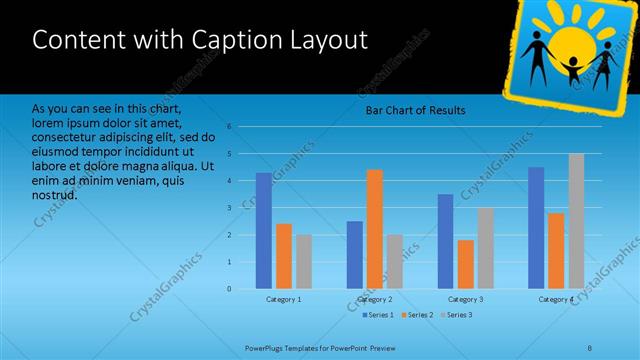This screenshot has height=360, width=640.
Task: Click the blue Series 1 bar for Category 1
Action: pyautogui.click(x=263, y=230)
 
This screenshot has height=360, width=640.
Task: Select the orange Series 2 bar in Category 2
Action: pyautogui.click(x=375, y=229)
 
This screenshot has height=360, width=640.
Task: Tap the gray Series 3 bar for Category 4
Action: pyautogui.click(x=576, y=221)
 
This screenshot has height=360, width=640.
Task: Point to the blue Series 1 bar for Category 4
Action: pyautogui.click(x=536, y=227)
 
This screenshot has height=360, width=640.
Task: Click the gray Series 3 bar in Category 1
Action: pyautogui.click(x=303, y=261)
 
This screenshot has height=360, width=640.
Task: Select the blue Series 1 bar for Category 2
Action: pyautogui.click(x=355, y=254)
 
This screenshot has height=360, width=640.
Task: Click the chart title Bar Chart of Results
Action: pyautogui.click(x=414, y=110)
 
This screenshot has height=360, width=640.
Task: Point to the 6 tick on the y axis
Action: pyautogui.click(x=229, y=127)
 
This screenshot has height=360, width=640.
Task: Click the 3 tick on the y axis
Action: pyautogui.click(x=229, y=208)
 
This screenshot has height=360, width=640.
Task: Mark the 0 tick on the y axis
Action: pyautogui.click(x=229, y=289)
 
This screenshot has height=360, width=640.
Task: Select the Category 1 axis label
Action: pyautogui.click(x=284, y=299)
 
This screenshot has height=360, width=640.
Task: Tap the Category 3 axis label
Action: pyautogui.click(x=466, y=299)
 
